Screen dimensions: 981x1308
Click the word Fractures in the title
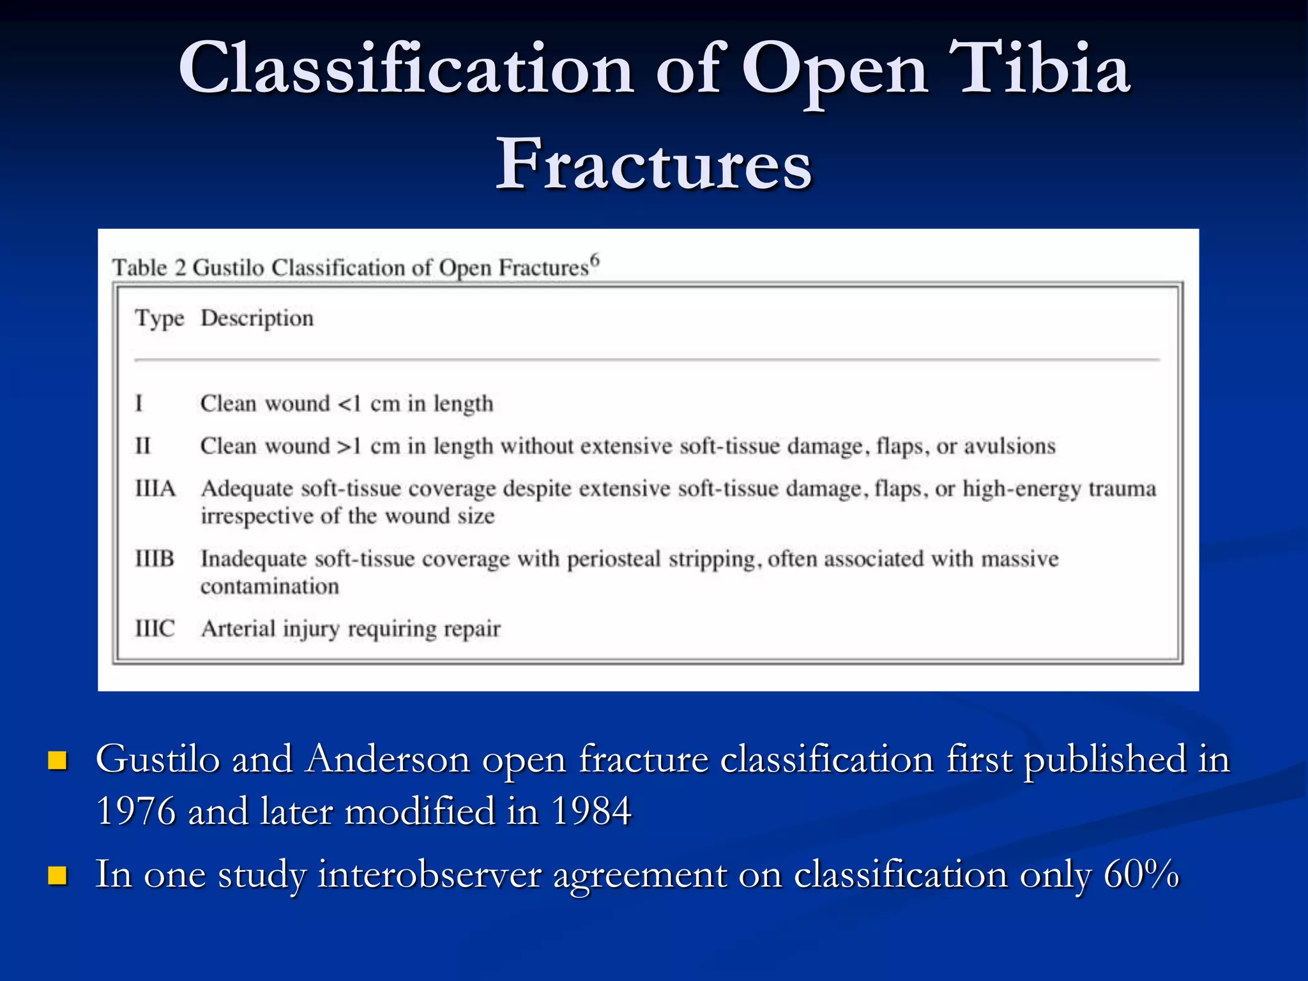(x=653, y=165)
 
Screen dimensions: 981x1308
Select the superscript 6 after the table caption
(x=595, y=259)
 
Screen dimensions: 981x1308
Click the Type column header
(x=159, y=319)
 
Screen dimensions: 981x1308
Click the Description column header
(x=257, y=318)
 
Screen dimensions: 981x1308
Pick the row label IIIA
(x=155, y=489)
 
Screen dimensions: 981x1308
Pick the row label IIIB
(x=155, y=559)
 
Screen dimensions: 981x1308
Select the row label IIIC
(x=155, y=628)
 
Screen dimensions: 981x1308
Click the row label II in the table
(x=142, y=446)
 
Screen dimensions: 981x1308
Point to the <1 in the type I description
(x=349, y=404)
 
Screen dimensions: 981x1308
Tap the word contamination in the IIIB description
(x=270, y=586)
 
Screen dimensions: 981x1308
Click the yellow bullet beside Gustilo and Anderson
(x=57, y=761)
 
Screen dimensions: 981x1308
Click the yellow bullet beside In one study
(x=57, y=876)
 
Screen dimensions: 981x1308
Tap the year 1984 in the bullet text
(x=591, y=811)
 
